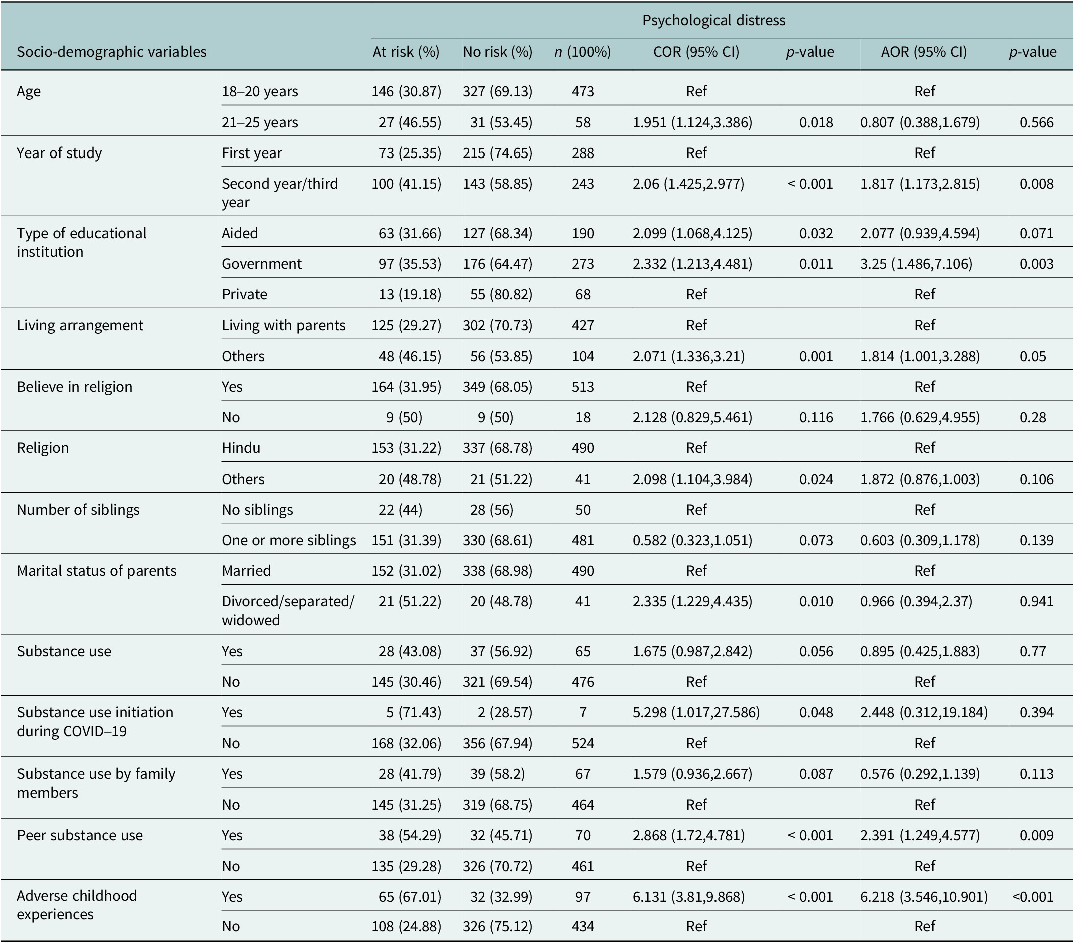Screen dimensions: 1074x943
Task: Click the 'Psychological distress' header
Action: point(713,20)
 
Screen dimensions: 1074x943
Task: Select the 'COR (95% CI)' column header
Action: point(696,52)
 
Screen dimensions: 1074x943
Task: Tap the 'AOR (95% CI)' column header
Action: point(924,52)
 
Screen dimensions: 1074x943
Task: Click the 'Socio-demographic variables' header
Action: point(111,52)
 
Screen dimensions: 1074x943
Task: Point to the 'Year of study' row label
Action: point(59,153)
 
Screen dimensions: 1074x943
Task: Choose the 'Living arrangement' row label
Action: point(80,325)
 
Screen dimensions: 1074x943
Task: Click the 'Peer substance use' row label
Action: point(80,835)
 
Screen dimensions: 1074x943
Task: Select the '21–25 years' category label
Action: point(260,122)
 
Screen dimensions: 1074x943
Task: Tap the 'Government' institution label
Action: point(262,263)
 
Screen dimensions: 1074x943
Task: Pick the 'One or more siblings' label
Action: point(288,540)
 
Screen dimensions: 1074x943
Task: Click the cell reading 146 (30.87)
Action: point(406,91)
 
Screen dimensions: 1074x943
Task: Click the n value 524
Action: point(583,743)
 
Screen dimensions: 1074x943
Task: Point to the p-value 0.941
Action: point(1037,601)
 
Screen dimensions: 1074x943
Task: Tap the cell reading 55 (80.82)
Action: point(501,294)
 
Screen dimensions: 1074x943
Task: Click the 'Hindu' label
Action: point(241,448)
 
